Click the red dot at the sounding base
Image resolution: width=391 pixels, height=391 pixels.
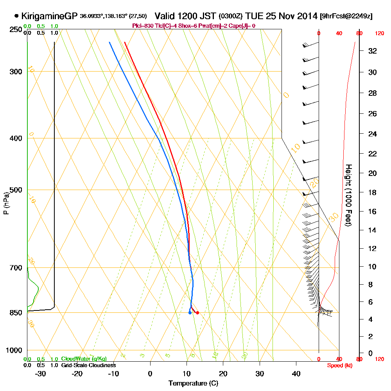197,312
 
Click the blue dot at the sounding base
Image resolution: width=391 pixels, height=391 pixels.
190,312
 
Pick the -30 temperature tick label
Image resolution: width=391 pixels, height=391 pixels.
41,373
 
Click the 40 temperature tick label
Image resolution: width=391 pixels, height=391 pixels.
296,373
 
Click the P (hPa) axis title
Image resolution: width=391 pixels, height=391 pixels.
6,203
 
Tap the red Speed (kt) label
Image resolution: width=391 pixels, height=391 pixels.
339,366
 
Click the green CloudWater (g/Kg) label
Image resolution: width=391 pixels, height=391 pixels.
84,359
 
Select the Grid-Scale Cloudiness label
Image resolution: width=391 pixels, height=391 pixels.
88,365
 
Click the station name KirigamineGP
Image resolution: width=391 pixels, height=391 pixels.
49,16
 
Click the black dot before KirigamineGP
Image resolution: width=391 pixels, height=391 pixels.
16,16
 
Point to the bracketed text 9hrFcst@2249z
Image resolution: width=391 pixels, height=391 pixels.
346,16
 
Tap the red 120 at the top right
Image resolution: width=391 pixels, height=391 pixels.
379,34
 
